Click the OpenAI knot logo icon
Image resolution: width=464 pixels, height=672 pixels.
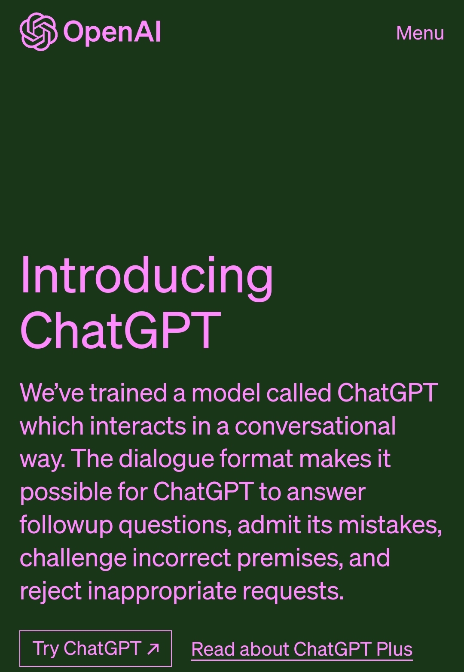38,31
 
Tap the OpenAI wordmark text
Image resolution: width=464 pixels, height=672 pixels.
112,32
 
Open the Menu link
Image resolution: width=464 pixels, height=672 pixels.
420,33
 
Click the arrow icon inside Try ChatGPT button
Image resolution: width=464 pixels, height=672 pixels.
153,649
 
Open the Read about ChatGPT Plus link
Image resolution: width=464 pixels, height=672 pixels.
302,649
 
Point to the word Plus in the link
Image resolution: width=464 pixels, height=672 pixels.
394,649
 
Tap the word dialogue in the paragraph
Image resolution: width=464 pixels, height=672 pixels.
166,459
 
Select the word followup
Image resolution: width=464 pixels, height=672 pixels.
66,525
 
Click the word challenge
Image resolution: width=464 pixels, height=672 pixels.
73,558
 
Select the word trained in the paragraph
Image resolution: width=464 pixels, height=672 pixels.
128,393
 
